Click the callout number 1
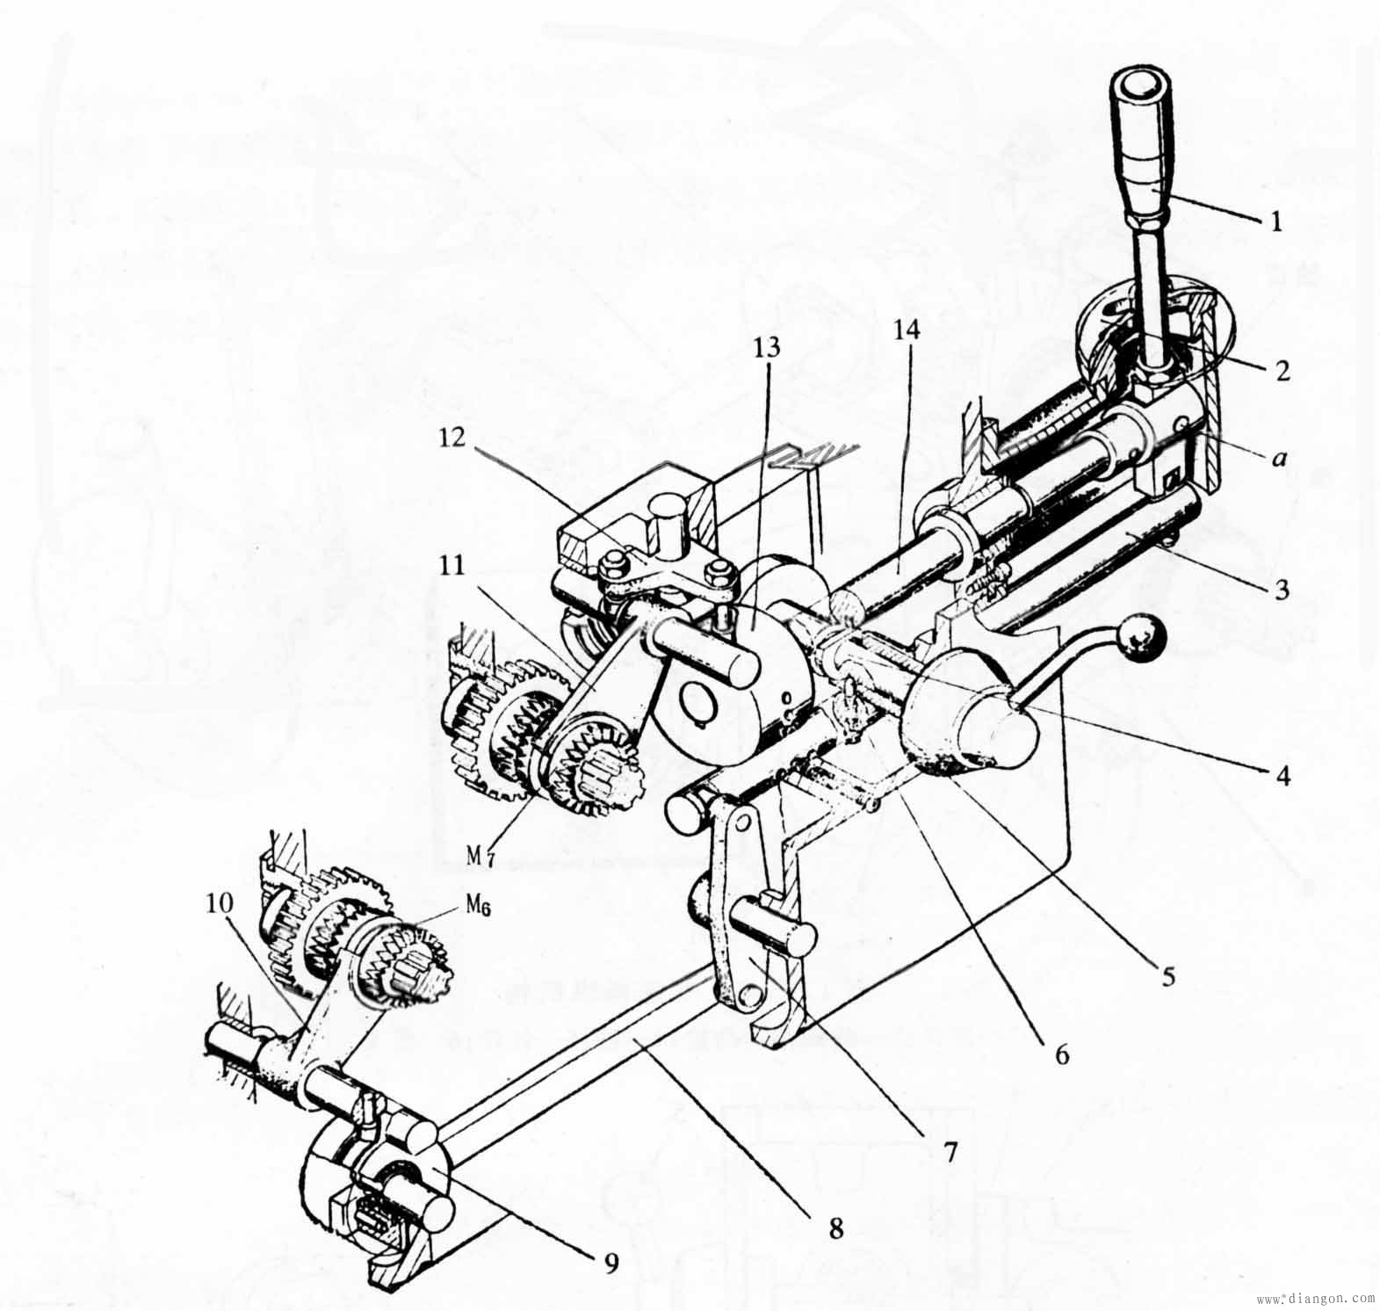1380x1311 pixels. (1275, 222)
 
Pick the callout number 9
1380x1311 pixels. (611, 1263)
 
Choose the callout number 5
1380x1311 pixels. (1167, 977)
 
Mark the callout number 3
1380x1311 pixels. (1282, 590)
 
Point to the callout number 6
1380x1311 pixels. (1062, 1054)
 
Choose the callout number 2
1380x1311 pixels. (1282, 371)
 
